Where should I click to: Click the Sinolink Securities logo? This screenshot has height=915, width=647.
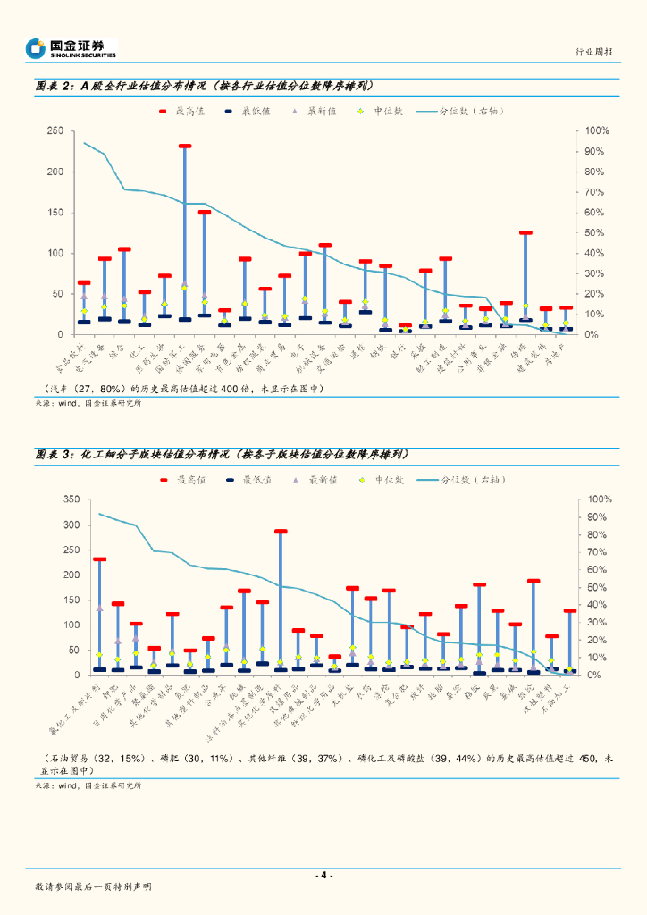71,48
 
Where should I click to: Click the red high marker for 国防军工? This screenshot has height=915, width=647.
184,146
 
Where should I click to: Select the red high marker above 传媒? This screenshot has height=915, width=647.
525,232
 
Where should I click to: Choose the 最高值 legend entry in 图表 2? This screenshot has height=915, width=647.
182,112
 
